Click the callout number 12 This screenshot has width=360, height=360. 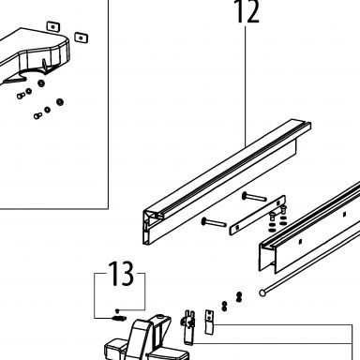(247, 11)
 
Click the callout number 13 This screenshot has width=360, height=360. (121, 274)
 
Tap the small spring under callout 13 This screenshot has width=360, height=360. (119, 318)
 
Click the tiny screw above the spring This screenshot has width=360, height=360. (117, 310)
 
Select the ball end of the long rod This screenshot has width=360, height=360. (262, 292)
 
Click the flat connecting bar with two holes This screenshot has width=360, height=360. (258, 215)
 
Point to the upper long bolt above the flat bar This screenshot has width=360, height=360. (254, 197)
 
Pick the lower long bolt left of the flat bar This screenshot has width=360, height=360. (214, 222)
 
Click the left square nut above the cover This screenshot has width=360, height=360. (53, 27)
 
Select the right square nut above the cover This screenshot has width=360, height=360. (82, 37)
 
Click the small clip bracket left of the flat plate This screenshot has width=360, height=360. (188, 327)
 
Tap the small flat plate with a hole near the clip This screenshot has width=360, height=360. (209, 322)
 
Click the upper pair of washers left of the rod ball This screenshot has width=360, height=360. (239, 296)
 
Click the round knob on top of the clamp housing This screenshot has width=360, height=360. (160, 317)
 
